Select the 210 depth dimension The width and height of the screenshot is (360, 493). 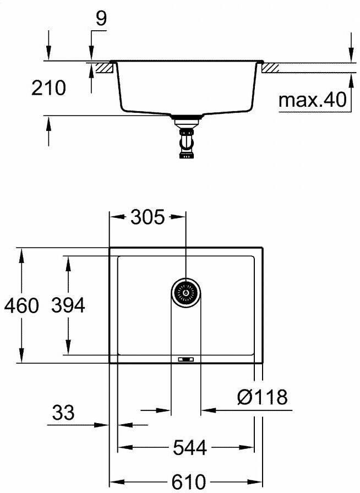(48, 87)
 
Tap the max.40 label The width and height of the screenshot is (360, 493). (312, 100)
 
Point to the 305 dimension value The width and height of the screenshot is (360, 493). (148, 218)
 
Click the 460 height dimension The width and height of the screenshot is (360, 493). (21, 305)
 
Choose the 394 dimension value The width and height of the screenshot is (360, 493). (68, 305)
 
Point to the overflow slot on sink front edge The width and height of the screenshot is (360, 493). (186, 359)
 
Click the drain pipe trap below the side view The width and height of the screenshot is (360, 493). (186, 141)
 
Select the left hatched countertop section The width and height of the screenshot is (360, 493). (104, 68)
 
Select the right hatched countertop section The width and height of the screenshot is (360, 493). (271, 68)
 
